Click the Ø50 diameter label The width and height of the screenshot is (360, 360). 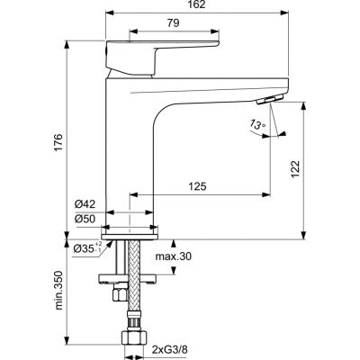tap(85, 219)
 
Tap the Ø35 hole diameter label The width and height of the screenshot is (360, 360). tap(87, 247)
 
